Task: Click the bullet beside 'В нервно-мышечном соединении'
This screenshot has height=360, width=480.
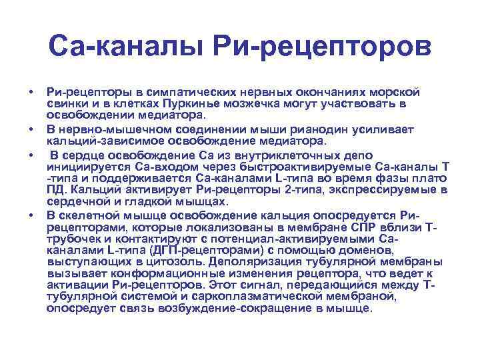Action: tap(31, 129)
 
